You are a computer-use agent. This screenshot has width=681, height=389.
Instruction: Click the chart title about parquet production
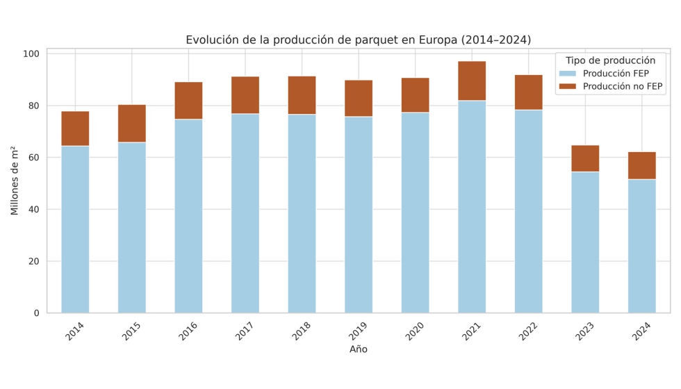[358, 40]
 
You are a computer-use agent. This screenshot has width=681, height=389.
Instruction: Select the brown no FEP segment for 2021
[472, 81]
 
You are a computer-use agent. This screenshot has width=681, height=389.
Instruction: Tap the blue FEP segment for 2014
[75, 229]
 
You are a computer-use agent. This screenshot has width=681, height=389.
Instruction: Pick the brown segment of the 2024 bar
[641, 165]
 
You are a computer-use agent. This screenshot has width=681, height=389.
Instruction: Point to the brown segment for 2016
[188, 101]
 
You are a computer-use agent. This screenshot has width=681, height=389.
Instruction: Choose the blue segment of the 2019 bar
[359, 215]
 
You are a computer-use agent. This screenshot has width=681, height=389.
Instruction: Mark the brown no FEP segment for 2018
[302, 95]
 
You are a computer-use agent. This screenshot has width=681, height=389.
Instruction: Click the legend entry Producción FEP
[616, 74]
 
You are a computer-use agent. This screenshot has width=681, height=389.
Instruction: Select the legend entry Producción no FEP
[623, 87]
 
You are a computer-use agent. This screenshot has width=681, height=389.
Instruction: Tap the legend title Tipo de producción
[610, 60]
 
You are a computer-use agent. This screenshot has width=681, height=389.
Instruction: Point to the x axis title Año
[358, 349]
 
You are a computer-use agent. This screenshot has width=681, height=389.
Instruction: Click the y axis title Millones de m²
[15, 181]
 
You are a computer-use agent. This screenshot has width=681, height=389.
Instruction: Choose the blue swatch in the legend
[567, 74]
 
